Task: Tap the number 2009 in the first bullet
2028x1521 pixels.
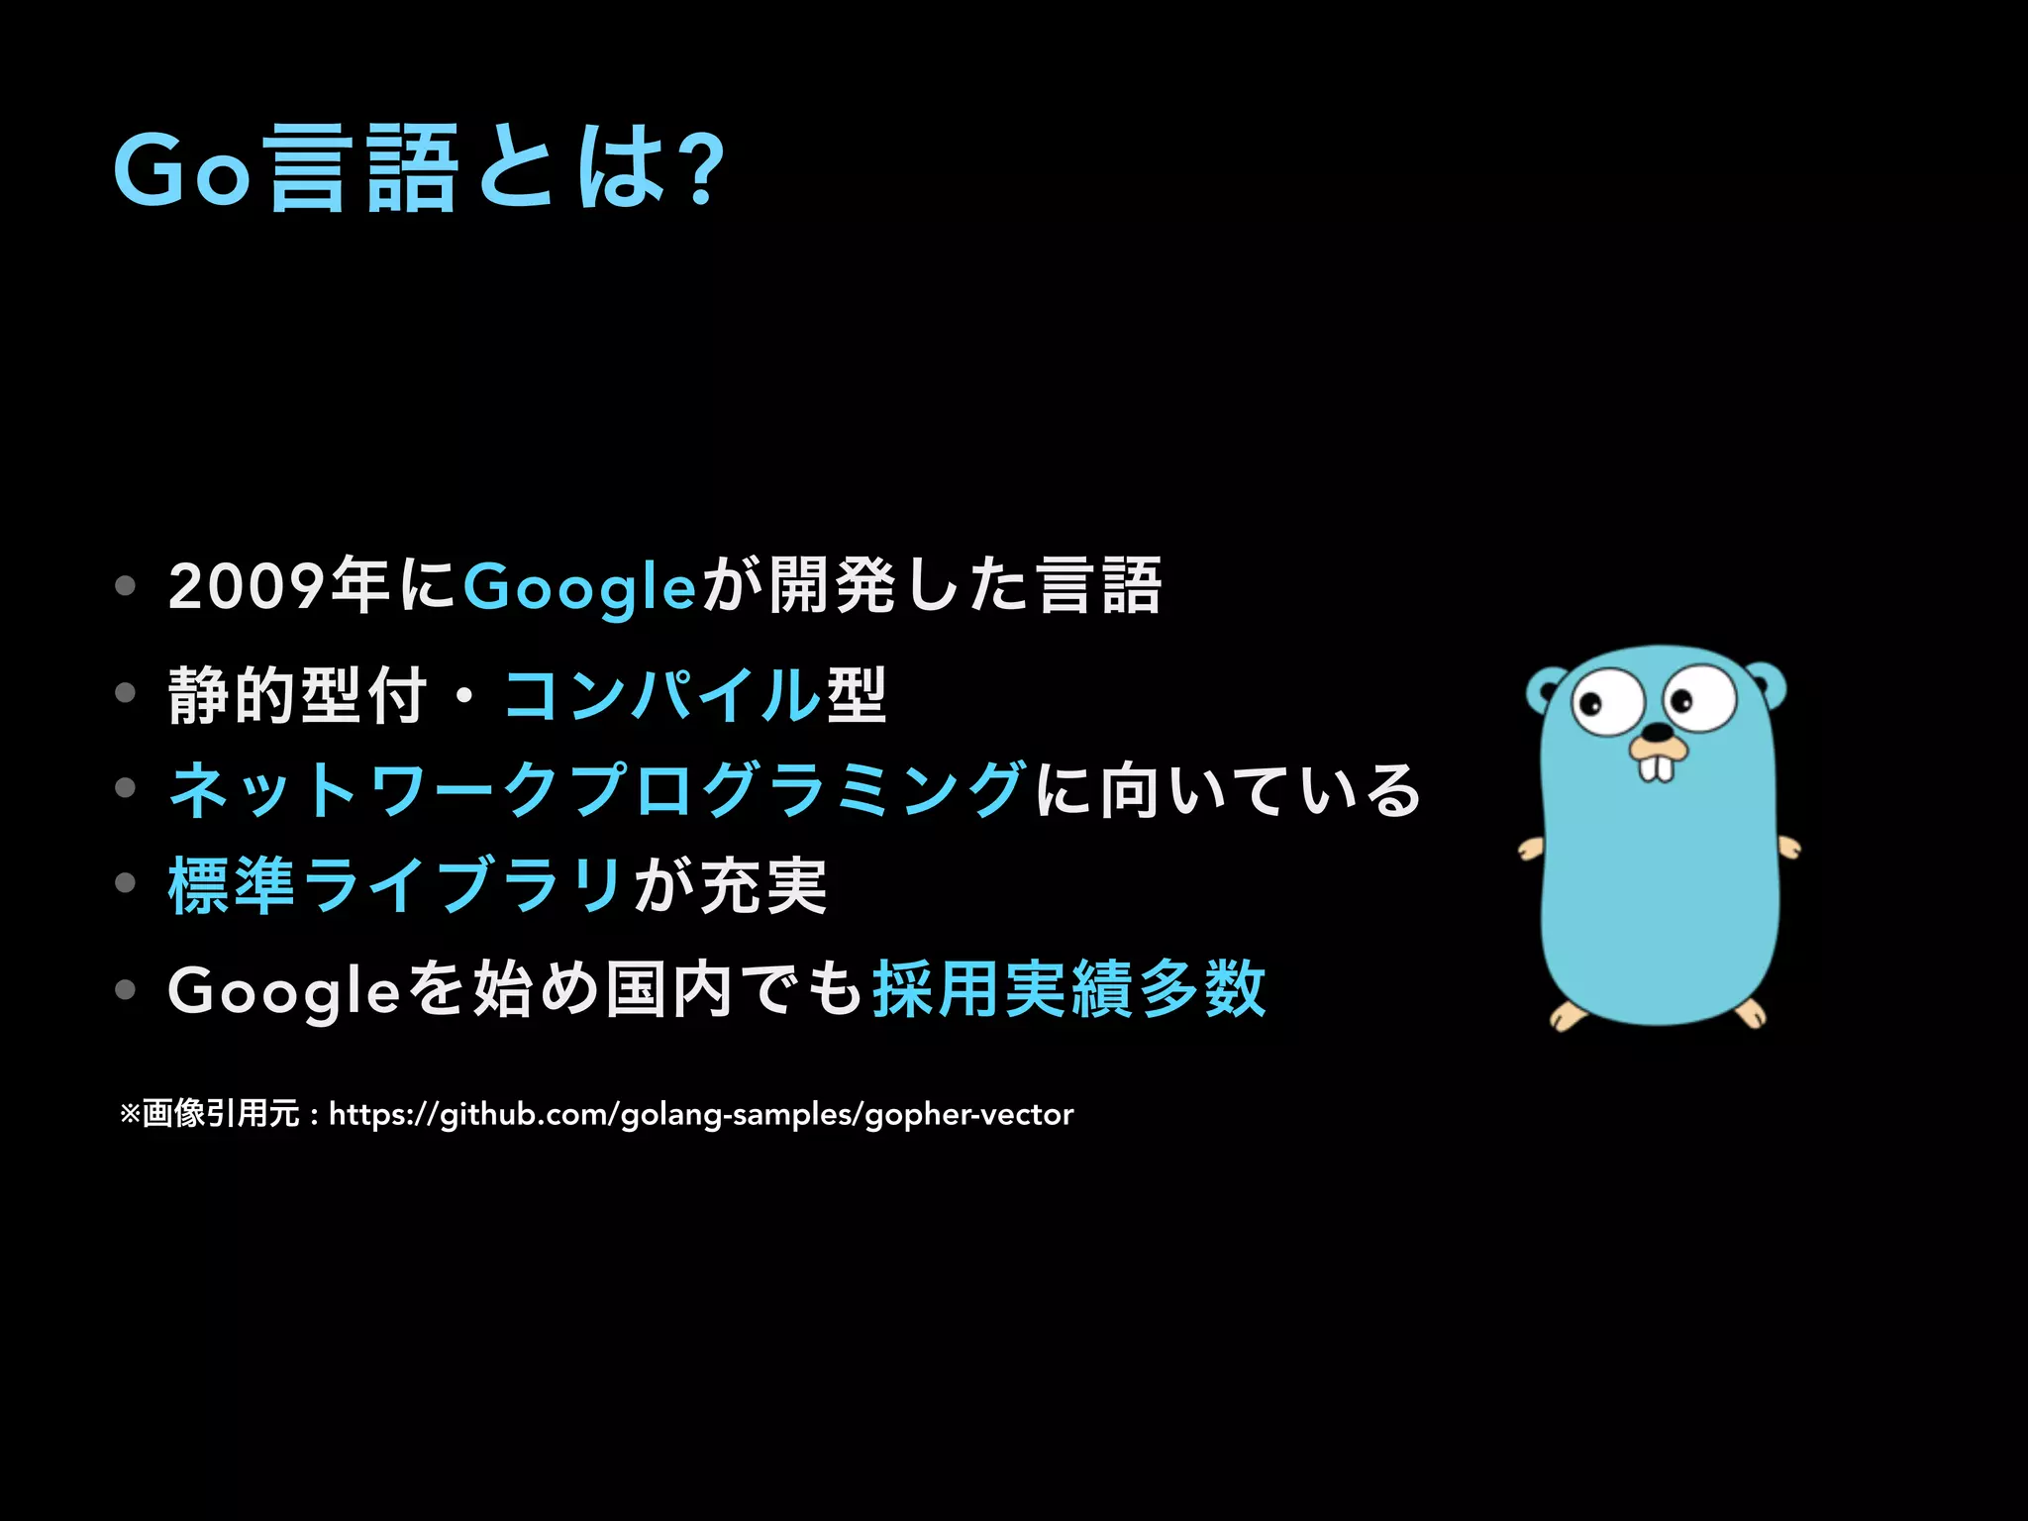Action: pos(247,586)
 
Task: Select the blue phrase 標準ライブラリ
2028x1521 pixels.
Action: pos(396,885)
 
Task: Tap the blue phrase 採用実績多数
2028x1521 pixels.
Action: pos(1068,989)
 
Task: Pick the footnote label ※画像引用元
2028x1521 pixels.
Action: pos(209,1114)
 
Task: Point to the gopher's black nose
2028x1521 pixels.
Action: pos(1657,733)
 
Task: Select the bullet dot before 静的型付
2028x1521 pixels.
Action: pos(125,692)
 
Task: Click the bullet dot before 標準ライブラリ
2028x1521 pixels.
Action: pos(125,882)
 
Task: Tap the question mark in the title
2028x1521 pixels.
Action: pos(704,171)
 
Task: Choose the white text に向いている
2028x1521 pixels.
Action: pos(1228,790)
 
